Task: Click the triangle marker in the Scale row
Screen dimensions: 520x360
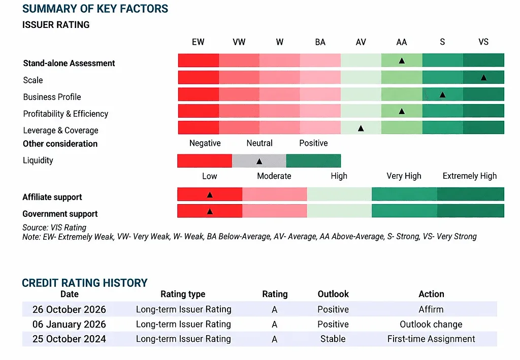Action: [x=483, y=78]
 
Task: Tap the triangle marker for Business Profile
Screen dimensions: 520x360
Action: [x=442, y=95]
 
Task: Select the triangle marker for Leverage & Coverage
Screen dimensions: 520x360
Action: [x=361, y=128]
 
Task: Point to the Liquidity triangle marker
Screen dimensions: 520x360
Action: [x=259, y=161]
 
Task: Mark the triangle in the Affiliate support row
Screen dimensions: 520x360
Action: [x=210, y=195]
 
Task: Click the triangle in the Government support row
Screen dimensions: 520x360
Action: [x=210, y=212]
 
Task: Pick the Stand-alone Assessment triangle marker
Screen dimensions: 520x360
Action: [x=402, y=60]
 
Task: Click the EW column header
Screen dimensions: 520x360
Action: [x=198, y=42]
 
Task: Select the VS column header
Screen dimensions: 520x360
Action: [x=483, y=42]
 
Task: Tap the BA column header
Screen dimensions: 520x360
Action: [x=320, y=42]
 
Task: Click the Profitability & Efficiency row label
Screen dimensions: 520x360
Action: [x=66, y=114]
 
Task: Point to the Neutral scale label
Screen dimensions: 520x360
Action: [x=259, y=143]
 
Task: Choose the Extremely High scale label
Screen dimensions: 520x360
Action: [x=470, y=176]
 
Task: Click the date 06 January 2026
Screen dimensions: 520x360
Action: [x=69, y=324]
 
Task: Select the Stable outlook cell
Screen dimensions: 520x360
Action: [x=333, y=339]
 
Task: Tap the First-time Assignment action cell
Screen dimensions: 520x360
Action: [x=431, y=339]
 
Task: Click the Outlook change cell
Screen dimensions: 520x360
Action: [x=431, y=324]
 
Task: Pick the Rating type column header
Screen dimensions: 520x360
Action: [x=183, y=294]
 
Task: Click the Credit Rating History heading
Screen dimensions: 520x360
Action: [x=85, y=283]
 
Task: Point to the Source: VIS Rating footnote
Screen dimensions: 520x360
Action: [x=54, y=227]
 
